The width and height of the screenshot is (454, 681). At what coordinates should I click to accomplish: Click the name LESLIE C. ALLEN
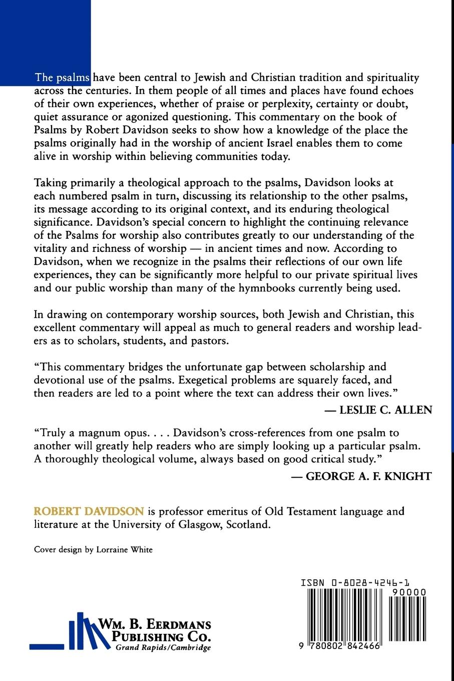[x=385, y=410]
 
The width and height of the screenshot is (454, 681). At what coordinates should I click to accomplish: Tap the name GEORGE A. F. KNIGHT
[x=368, y=476]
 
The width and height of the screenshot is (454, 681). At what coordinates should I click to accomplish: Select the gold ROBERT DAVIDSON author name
[x=89, y=512]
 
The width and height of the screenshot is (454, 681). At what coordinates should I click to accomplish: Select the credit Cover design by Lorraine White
[x=93, y=550]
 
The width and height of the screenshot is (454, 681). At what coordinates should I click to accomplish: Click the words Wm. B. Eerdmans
[x=155, y=625]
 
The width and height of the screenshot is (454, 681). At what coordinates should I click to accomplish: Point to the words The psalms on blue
[x=62, y=78]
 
